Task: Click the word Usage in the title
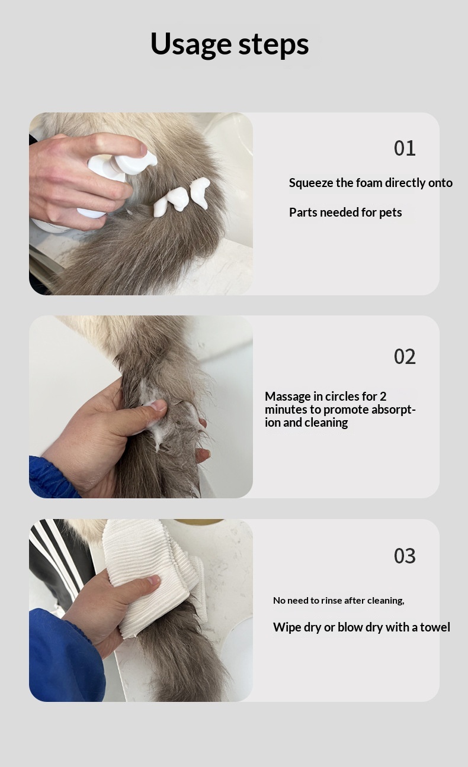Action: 191,43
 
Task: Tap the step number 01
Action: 405,149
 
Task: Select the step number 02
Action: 405,356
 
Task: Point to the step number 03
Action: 405,556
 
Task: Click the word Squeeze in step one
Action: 311,183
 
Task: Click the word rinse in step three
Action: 332,601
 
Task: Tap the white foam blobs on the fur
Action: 181,197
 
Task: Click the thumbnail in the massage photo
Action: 158,406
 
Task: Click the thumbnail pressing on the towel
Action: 153,580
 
